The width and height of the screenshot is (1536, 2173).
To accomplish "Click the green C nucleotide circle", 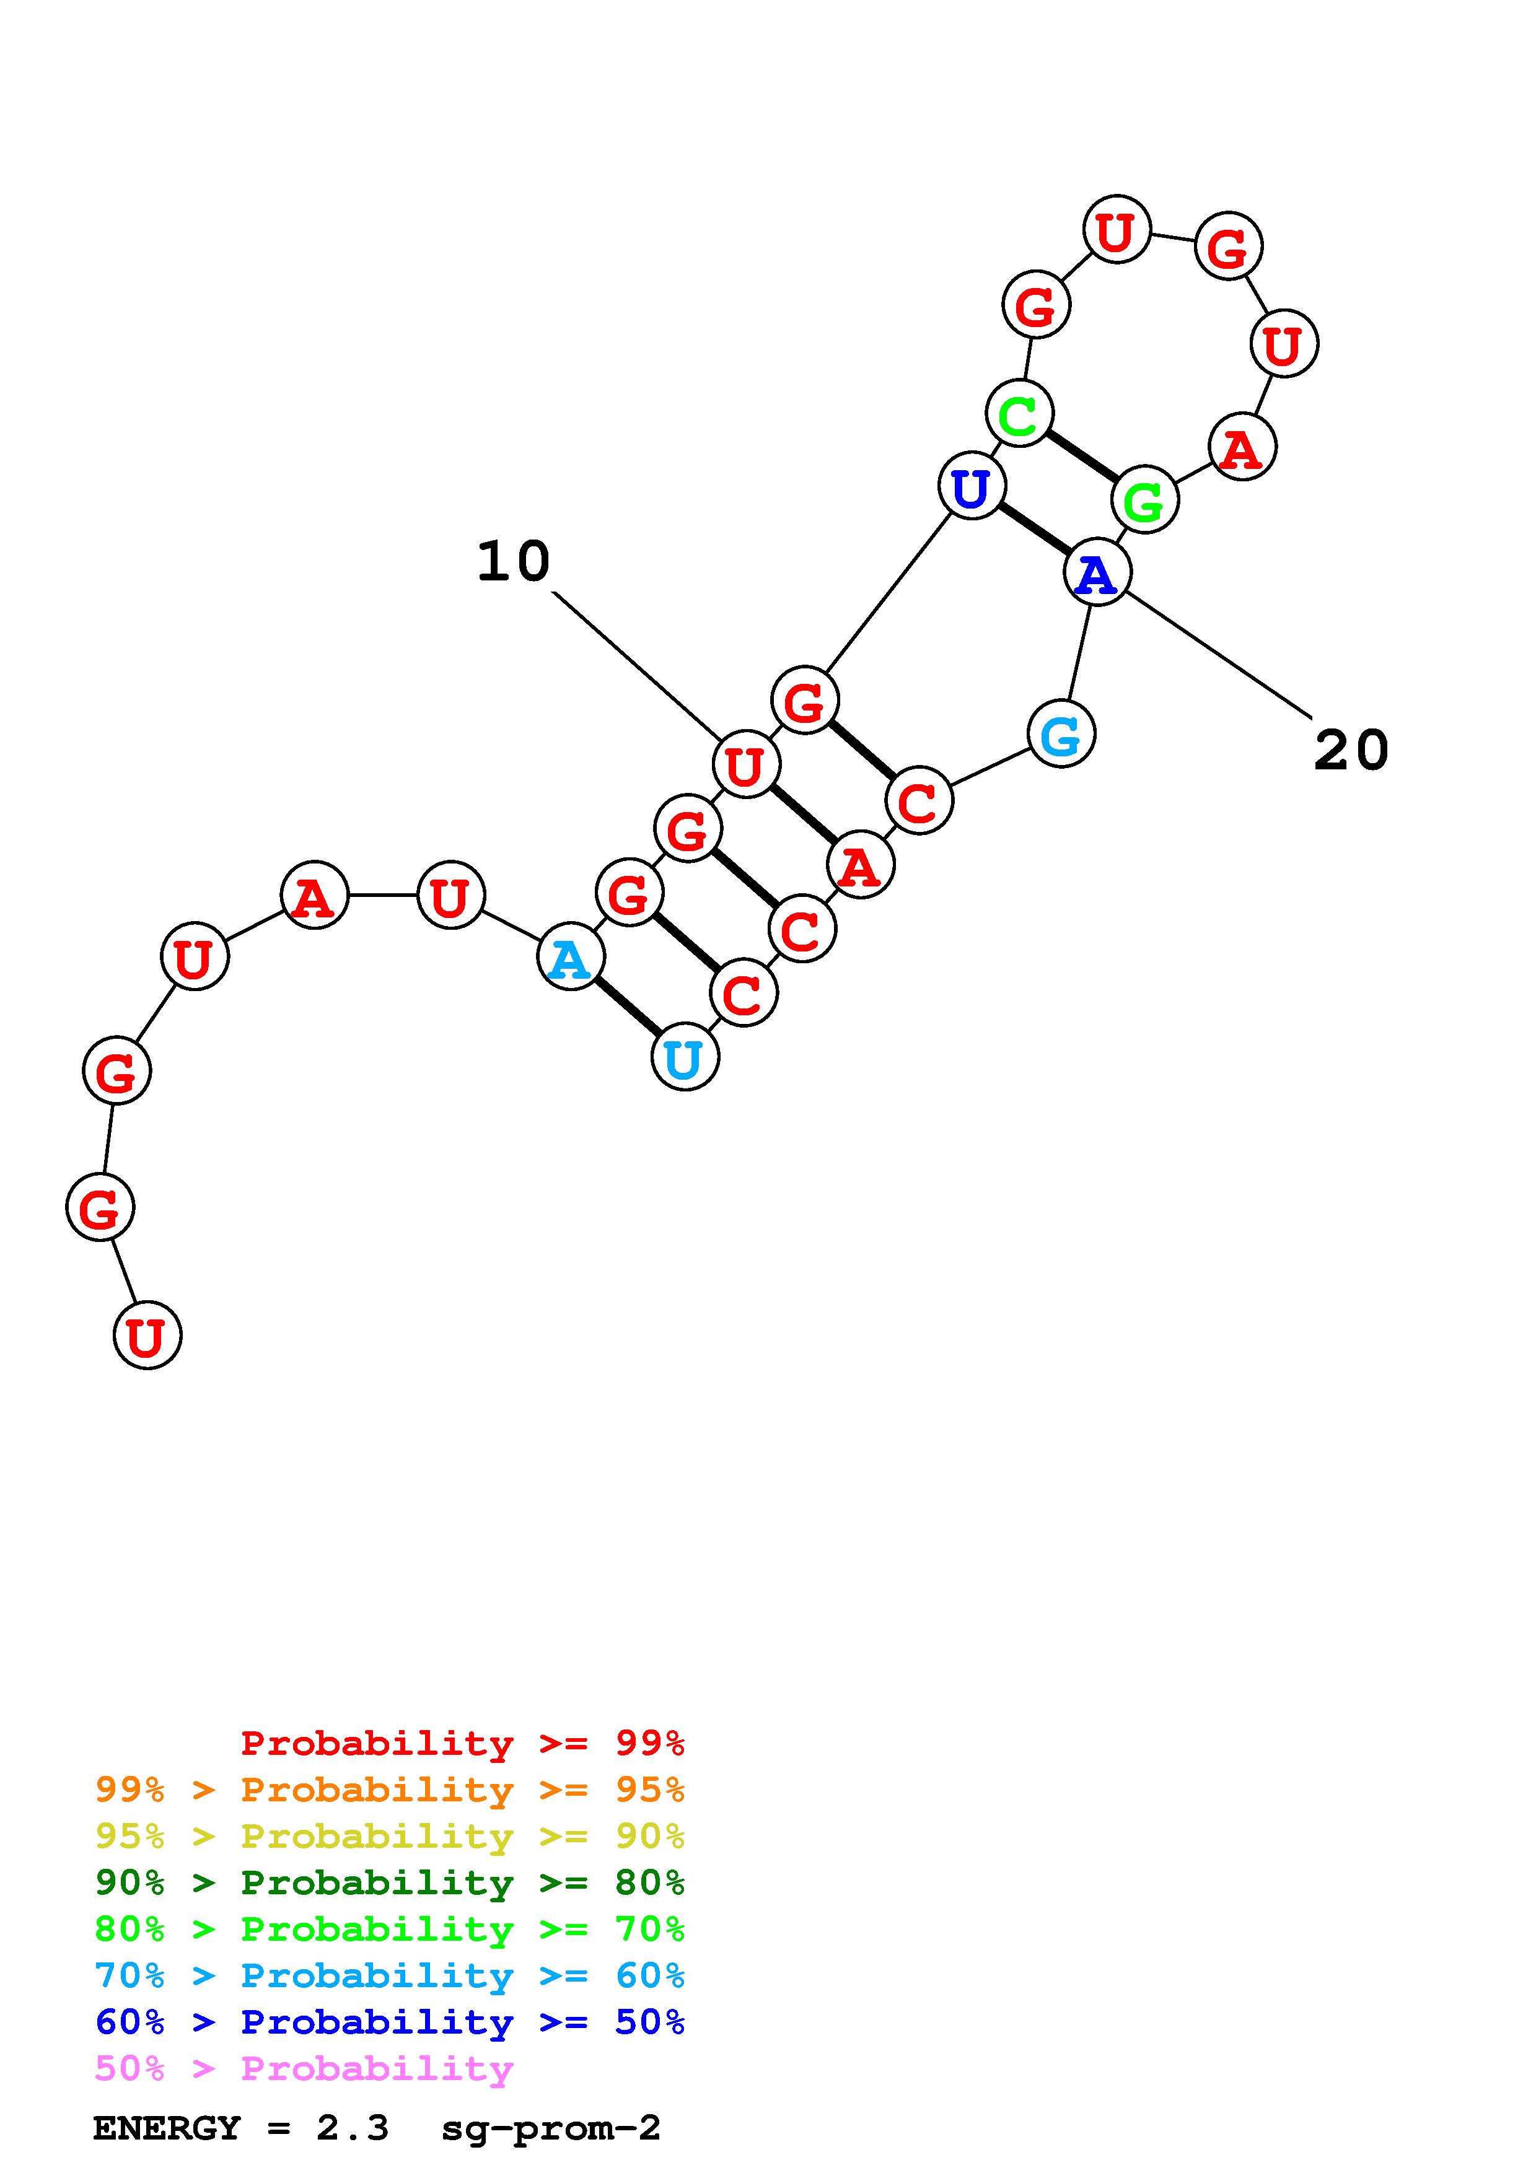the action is click(1019, 413).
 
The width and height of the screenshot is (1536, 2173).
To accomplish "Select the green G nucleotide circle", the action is click(1145, 500).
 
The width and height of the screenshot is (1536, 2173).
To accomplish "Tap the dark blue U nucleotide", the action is click(971, 486).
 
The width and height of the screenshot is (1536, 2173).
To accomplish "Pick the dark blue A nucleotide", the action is click(1097, 572).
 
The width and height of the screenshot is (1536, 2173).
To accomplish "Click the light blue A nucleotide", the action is click(570, 958).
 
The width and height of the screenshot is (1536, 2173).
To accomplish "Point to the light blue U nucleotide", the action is click(684, 1058).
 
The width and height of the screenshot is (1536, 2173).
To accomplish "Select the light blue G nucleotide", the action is click(1061, 733).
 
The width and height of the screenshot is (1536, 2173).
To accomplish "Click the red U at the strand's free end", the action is click(147, 1336).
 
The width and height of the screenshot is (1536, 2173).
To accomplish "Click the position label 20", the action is click(1351, 751).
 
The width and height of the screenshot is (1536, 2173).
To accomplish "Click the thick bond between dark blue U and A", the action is click(1034, 529).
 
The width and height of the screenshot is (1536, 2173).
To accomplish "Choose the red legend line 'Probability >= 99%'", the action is click(462, 1742).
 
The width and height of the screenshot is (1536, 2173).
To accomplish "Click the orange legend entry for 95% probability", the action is click(390, 1789).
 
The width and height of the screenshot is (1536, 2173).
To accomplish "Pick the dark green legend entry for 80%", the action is click(390, 1882).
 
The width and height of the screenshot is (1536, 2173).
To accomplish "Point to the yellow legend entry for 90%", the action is click(390, 1836).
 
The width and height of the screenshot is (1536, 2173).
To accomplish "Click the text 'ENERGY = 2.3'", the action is click(240, 2128).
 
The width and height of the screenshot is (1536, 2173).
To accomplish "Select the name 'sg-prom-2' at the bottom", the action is click(551, 2128).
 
